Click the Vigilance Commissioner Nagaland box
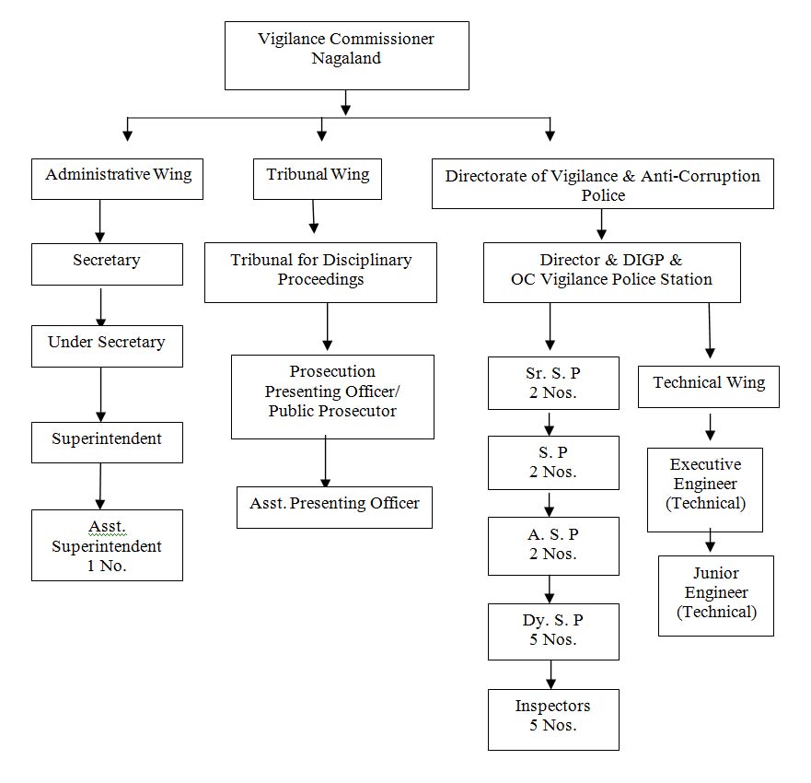[346, 55]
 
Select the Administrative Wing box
[117, 179]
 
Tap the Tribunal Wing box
[317, 179]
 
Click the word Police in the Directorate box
[603, 195]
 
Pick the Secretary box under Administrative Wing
[107, 264]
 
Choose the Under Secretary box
[107, 346]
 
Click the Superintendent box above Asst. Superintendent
[107, 442]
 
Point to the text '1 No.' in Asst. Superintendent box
[107, 566]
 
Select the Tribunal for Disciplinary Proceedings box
[320, 273]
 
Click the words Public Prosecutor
[332, 411]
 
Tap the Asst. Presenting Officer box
[334, 508]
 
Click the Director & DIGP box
[612, 273]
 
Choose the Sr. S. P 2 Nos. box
[553, 383]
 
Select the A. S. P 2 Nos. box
[553, 546]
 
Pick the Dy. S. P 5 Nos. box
[553, 631]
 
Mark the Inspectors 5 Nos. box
[553, 719]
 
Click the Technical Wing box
[709, 387]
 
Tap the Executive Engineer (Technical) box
[705, 489]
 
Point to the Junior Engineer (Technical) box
[716, 596]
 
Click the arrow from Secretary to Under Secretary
[101, 307]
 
